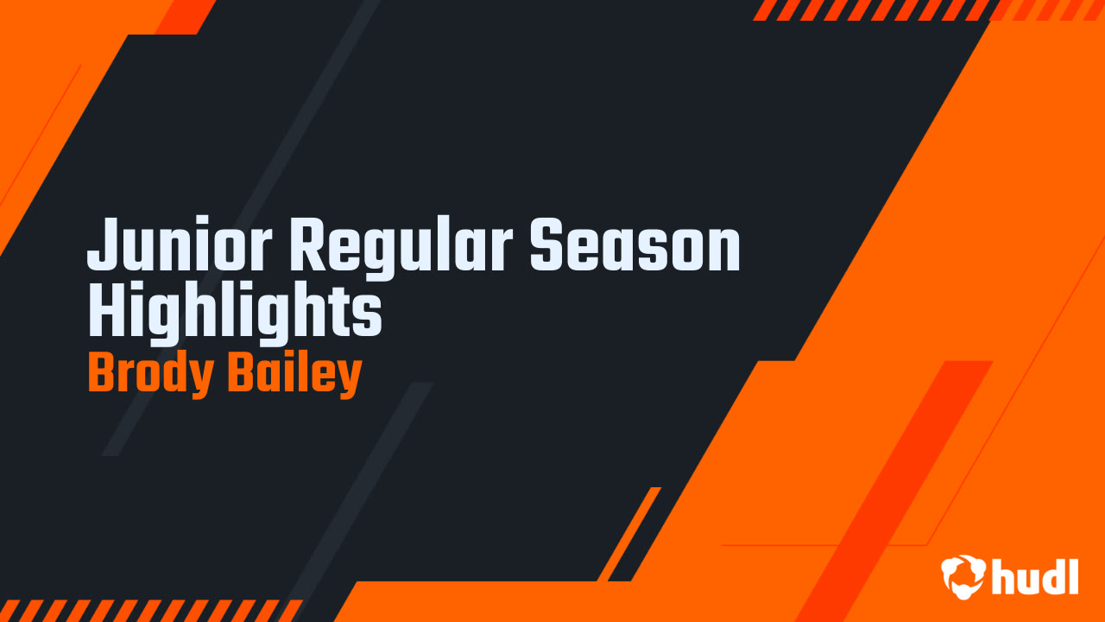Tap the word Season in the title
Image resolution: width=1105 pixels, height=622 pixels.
click(635, 246)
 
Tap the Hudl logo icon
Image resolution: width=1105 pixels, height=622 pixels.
click(963, 576)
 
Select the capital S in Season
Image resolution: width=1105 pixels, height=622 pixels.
click(549, 246)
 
